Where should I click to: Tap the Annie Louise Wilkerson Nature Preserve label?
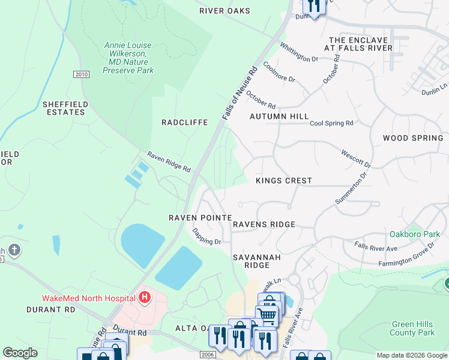coord(128,58)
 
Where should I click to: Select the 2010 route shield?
coord(81,74)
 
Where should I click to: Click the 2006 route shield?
coord(208,355)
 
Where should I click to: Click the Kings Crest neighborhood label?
coord(284,181)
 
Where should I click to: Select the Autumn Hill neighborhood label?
coord(279,116)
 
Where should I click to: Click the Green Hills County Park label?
coord(412,328)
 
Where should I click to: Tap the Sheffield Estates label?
coord(64,108)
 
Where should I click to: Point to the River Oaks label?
coord(224,11)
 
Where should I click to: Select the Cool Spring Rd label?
coord(331,124)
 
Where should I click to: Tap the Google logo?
coord(20,353)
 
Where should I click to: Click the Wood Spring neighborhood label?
coord(413,138)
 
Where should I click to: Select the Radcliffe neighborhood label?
coord(184,122)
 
